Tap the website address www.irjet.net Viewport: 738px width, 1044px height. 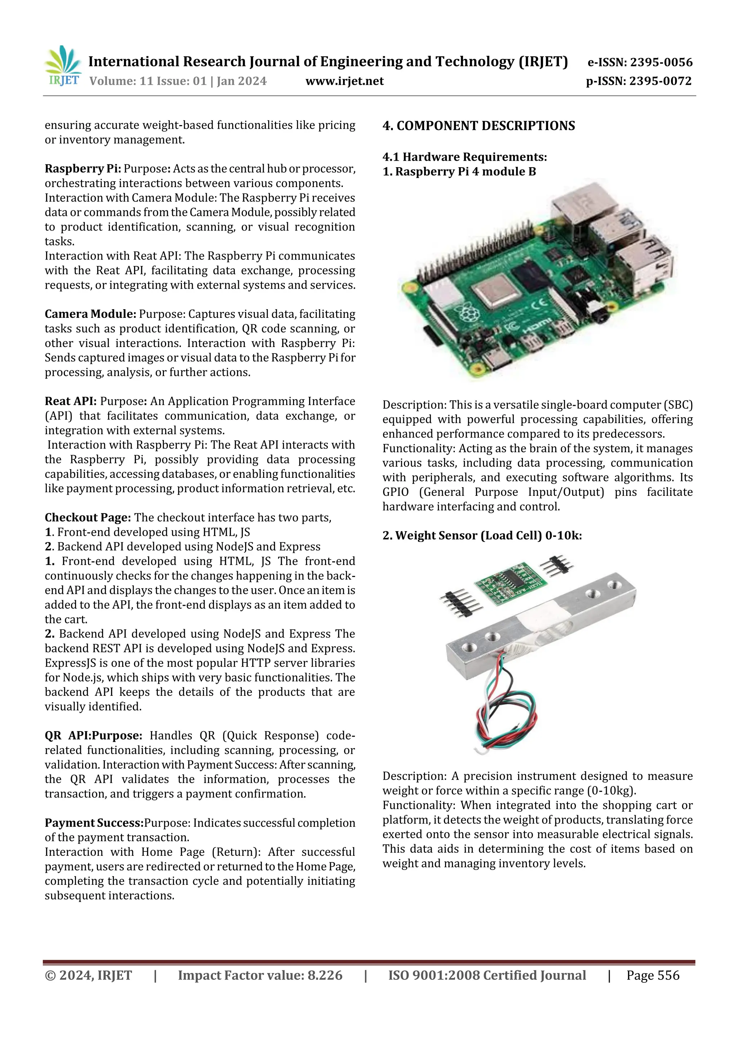pyautogui.click(x=344, y=81)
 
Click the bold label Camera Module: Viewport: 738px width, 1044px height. pyautogui.click(x=90, y=314)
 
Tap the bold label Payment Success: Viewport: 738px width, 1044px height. pyautogui.click(x=94, y=823)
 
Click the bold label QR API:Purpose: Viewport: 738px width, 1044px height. pyautogui.click(x=93, y=736)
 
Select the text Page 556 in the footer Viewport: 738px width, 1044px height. pyautogui.click(x=653, y=975)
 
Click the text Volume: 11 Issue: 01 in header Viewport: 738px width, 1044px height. pyautogui.click(x=148, y=81)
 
